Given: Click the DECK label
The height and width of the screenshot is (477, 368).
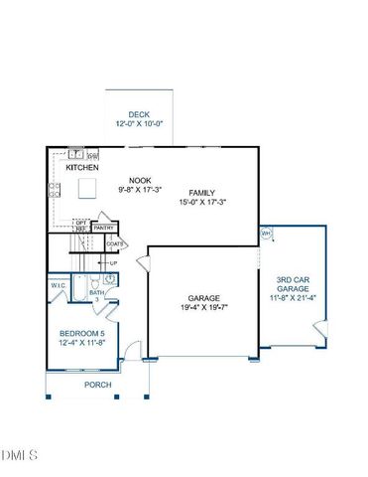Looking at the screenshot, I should [x=140, y=114].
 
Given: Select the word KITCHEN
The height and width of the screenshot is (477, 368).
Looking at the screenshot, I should [x=81, y=169].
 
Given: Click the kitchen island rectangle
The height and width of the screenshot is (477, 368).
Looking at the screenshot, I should [x=87, y=188].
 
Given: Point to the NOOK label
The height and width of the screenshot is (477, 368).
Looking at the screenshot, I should [x=125, y=153].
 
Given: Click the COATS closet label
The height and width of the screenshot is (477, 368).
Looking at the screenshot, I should [x=114, y=243].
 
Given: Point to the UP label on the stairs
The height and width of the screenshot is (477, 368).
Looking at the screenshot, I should [x=113, y=262].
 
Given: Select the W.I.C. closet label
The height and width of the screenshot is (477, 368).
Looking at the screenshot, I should [x=59, y=288].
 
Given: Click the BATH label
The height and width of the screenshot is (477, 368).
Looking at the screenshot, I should [x=97, y=293].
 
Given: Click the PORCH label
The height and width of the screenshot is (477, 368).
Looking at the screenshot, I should [x=97, y=385].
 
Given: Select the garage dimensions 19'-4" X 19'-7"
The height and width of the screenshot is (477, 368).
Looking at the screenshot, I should [x=203, y=308].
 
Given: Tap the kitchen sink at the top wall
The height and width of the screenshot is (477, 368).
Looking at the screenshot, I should [x=75, y=154].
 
